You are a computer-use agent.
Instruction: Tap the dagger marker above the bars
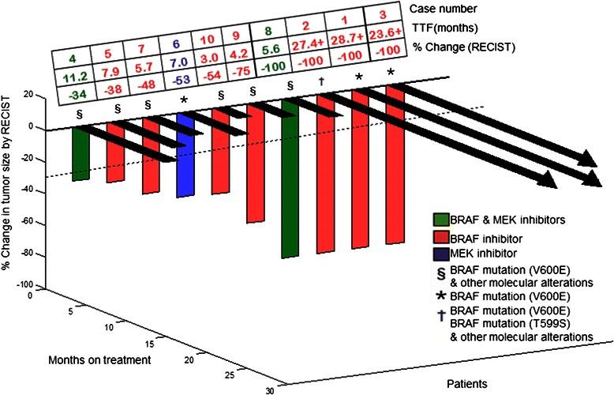click(322, 82)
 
